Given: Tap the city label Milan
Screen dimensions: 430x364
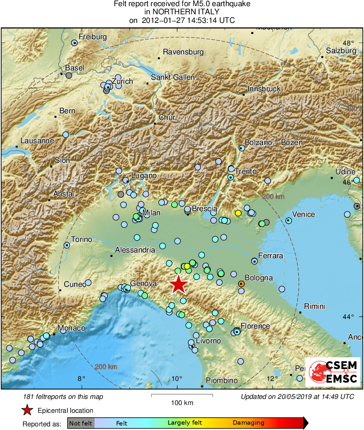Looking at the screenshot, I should pyautogui.click(x=151, y=213).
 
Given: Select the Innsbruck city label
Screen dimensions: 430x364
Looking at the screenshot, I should pyautogui.click(x=264, y=89).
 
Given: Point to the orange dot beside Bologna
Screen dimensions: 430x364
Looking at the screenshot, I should pyautogui.click(x=241, y=284).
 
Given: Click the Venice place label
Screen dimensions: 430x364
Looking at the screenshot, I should pyautogui.click(x=303, y=214).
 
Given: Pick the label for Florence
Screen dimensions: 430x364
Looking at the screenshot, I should pyautogui.click(x=255, y=326).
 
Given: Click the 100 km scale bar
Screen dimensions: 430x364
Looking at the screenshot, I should pyautogui.click(x=182, y=395).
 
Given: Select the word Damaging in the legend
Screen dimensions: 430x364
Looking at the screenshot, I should pyautogui.click(x=249, y=423).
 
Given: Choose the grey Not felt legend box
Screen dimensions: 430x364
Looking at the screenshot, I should pyautogui.click(x=81, y=423).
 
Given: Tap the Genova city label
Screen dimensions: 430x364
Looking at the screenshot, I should pyautogui.click(x=144, y=284).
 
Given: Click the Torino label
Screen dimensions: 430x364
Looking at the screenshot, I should pyautogui.click(x=81, y=239).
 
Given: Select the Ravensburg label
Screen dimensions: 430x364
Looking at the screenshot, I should pyautogui.click(x=183, y=52).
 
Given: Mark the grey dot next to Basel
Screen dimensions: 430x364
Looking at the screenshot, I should pyautogui.click(x=69, y=75).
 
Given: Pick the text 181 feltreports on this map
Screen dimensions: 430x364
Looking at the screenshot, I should pyautogui.click(x=63, y=396).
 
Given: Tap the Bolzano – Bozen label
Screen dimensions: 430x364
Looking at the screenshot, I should pyautogui.click(x=274, y=142).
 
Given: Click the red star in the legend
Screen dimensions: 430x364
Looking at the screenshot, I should pyautogui.click(x=27, y=410).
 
